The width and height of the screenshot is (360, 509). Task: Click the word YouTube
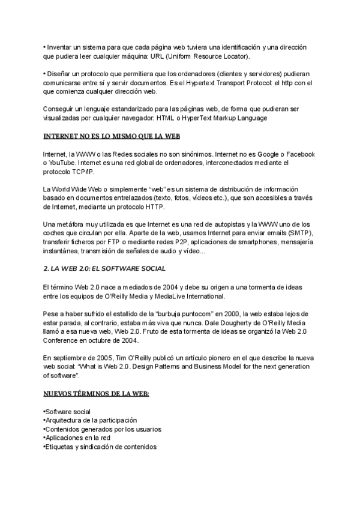[63, 163]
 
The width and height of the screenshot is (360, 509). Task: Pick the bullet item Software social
[67, 412]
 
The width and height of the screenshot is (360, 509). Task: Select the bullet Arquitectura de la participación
[91, 420]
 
